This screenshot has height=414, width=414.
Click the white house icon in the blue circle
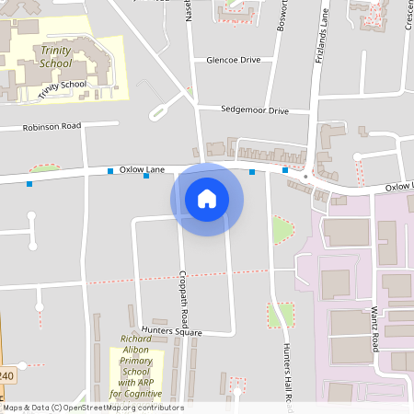point(207,198)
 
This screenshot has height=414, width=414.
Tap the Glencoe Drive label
point(234,59)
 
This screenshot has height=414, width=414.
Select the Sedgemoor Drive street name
point(255,109)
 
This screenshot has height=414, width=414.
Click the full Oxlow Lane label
point(142,169)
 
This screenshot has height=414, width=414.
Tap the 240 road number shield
point(6,377)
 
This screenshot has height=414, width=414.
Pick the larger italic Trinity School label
point(56,56)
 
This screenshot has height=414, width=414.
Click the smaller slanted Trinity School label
point(63,89)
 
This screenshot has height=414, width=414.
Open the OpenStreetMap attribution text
point(93,408)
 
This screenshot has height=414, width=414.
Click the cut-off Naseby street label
point(189,11)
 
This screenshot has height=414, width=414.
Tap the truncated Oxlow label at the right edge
point(399,186)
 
